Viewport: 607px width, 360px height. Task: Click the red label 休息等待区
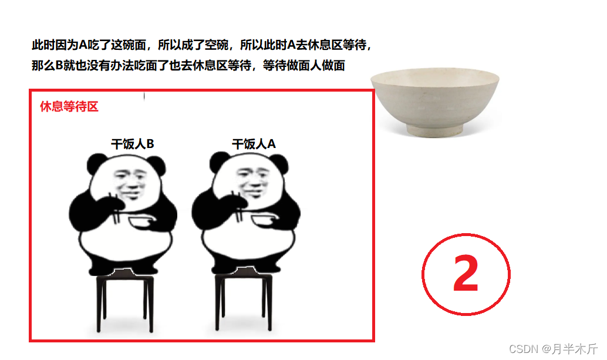(69, 106)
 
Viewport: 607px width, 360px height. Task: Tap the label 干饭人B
(133, 144)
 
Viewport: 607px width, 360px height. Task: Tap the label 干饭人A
(254, 144)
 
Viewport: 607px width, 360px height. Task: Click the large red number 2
(466, 273)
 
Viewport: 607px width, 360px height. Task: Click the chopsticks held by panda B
(115, 208)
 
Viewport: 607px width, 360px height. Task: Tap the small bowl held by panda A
(265, 221)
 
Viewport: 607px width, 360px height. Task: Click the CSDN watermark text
(553, 349)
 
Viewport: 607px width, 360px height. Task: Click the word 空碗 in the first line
(217, 45)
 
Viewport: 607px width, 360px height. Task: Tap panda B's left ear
(96, 163)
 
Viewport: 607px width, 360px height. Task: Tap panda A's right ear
(278, 163)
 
